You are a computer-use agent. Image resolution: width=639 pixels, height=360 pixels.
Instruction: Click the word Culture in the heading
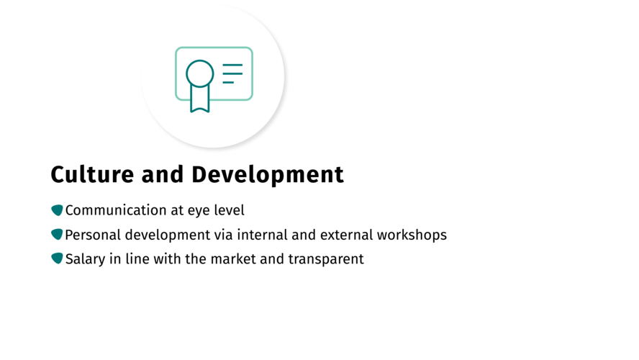point(92,174)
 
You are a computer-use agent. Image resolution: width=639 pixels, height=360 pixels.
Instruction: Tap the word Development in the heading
point(268,175)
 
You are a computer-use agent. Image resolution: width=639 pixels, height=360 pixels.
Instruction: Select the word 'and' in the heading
point(163,174)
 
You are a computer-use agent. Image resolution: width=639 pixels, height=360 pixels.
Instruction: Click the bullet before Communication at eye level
point(57,210)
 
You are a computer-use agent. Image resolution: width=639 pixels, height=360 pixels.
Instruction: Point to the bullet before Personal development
point(57,235)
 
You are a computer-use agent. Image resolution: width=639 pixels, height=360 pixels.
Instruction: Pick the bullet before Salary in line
point(57,258)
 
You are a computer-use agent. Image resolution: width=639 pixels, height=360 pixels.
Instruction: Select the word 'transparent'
point(326,260)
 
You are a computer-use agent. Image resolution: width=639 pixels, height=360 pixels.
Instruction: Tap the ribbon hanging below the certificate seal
point(200,99)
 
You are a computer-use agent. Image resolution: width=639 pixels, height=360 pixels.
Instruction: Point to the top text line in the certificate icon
point(232,65)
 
